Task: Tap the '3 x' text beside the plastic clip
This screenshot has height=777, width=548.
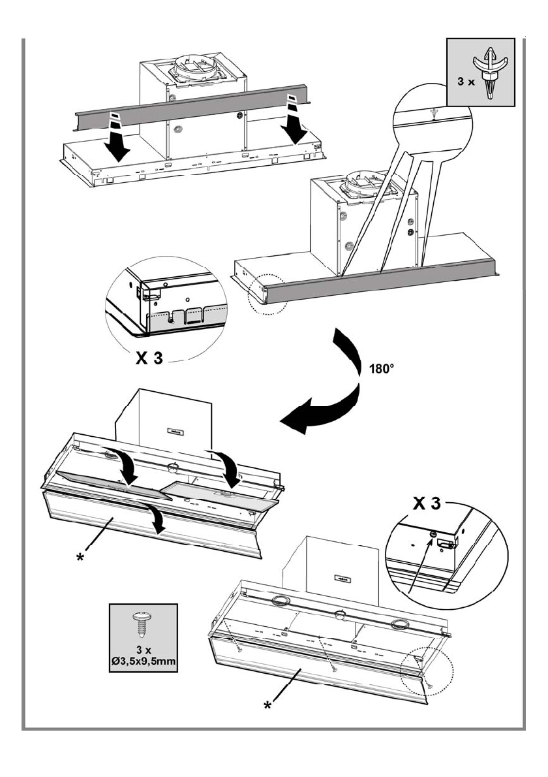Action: pos(466,82)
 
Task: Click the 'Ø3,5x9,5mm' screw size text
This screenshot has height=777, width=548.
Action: pos(143,661)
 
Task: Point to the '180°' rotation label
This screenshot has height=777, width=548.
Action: pos(382,369)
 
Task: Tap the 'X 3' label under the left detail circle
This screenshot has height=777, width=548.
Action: pos(149,358)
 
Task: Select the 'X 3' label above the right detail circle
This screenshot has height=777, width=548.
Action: pos(427,504)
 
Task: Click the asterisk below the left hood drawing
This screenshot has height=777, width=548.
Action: pos(79,558)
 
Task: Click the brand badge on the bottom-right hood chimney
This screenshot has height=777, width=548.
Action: pos(342,578)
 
